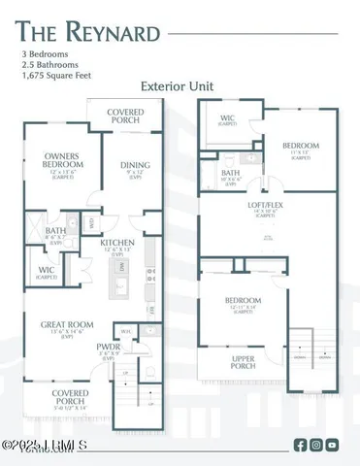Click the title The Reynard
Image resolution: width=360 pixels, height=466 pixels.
[x=87, y=34]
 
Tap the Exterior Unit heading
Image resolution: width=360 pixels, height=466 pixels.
[x=180, y=85]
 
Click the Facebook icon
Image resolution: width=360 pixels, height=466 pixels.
[x=300, y=446]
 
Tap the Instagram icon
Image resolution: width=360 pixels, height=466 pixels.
[x=316, y=446]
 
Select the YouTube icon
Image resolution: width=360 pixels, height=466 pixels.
[x=333, y=446]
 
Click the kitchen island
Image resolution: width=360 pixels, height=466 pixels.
[x=123, y=288]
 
